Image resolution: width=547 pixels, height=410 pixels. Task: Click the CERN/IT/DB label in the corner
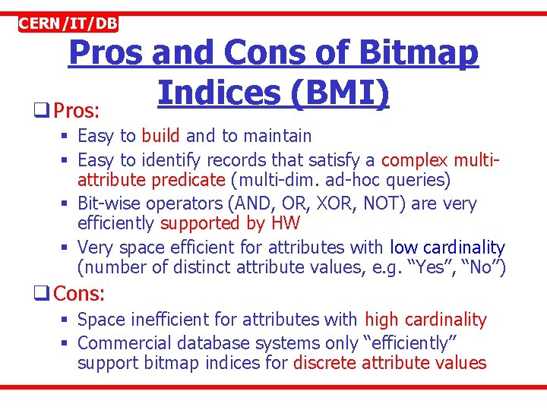point(68,24)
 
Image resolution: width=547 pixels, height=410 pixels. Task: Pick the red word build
point(160,136)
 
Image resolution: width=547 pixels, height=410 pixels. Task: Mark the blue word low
point(403,248)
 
